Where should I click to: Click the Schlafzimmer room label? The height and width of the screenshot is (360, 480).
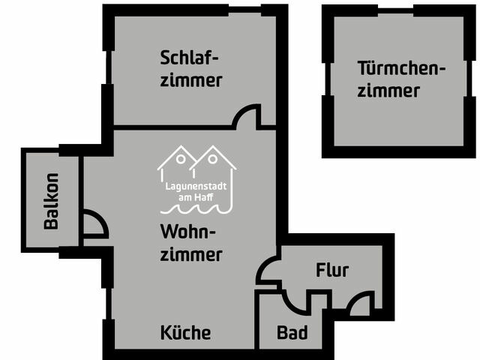click(x=190, y=68)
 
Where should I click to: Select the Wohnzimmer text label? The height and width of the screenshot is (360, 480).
click(x=190, y=241)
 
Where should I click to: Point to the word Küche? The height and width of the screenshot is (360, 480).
click(x=185, y=333)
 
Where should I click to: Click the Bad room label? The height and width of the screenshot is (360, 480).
click(x=291, y=332)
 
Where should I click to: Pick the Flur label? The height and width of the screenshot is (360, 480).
click(x=331, y=270)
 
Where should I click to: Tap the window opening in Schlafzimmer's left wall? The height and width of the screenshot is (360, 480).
click(x=108, y=67)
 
